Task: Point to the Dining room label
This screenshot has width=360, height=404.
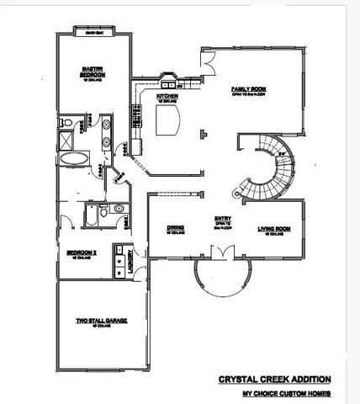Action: coord(175,228)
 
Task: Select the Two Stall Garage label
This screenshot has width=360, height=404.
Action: coord(95,322)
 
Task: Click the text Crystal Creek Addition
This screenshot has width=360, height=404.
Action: coord(274,380)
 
